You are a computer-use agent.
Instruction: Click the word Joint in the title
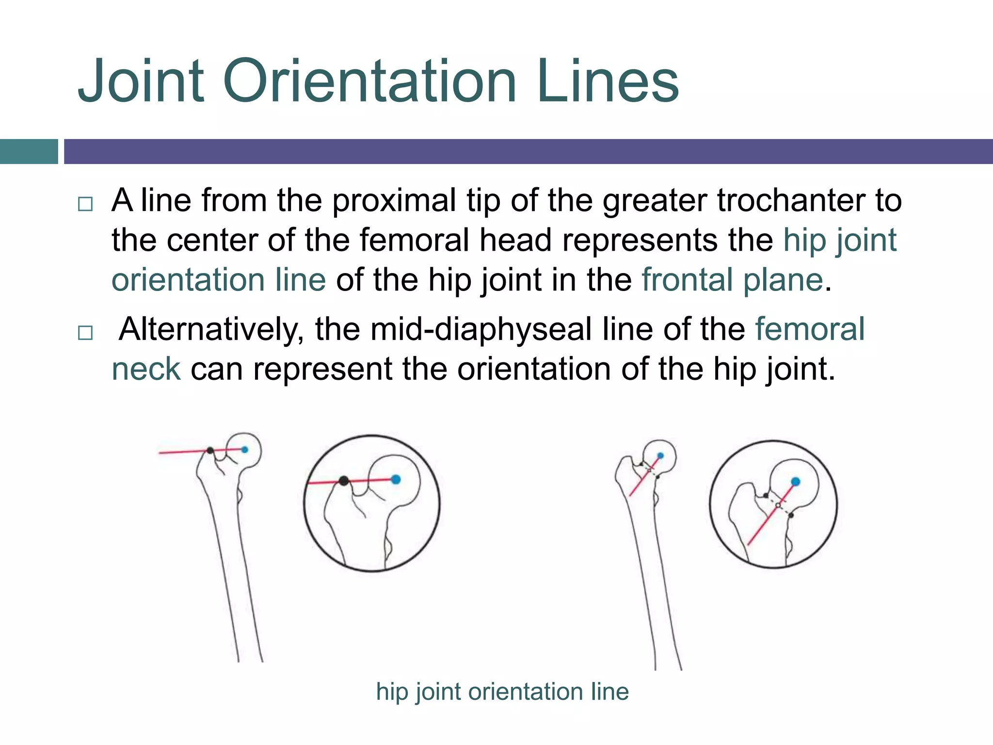pos(141,81)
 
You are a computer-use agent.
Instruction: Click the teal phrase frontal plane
pos(732,280)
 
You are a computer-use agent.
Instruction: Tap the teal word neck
pos(146,369)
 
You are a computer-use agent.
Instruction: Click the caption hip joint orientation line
pos(502,691)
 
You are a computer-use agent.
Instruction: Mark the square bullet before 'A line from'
pos(85,204)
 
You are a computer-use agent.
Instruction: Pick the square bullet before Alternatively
pos(85,333)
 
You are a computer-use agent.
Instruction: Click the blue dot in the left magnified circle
pos(396,480)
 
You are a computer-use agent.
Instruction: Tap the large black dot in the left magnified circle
pos(344,481)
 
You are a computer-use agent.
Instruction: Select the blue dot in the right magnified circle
pos(795,482)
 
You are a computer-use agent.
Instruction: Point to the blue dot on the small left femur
pos(245,450)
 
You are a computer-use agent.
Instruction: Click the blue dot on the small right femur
pos(660,456)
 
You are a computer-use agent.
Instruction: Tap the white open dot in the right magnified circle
pos(778,505)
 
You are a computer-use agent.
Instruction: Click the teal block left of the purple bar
pos(29,151)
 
